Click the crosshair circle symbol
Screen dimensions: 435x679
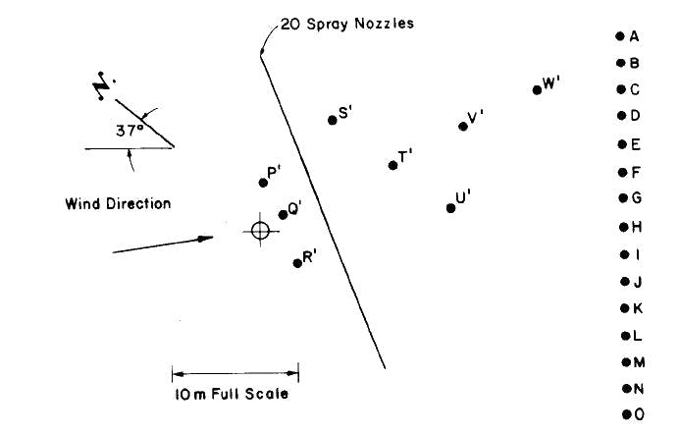point(260,230)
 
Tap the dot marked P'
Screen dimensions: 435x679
point(263,182)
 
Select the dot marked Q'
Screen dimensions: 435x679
point(283,214)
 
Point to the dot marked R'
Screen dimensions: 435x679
point(297,262)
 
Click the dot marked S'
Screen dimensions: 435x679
point(332,120)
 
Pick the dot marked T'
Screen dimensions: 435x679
point(392,164)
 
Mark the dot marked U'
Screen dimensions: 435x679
point(450,207)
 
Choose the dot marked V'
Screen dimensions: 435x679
point(463,126)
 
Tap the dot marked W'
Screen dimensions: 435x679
point(537,89)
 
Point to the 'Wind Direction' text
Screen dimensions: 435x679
point(118,204)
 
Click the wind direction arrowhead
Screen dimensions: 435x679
point(206,238)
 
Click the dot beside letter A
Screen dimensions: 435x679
point(620,36)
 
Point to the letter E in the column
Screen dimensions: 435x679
point(636,144)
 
